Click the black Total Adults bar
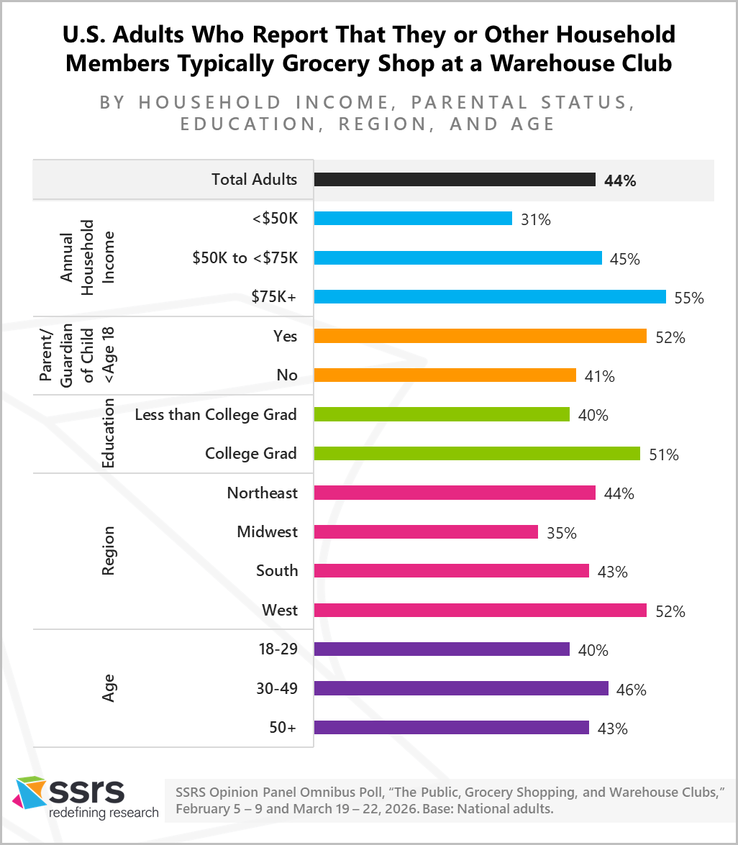coord(455,180)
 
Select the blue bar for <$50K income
coord(413,219)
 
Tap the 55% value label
coord(689,298)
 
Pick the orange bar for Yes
coord(480,336)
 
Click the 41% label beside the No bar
coord(599,376)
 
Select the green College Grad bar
coord(477,454)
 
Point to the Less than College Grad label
coord(216,414)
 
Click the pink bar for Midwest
coord(426,532)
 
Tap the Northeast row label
coord(262,493)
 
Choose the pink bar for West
coord(480,611)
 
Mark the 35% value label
coord(561,534)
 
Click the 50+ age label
coord(281,728)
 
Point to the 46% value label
coord(632,690)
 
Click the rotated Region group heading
coord(108,552)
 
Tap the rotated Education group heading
coord(108,434)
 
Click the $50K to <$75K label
coord(245,258)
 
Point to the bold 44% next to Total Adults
coord(620,181)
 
